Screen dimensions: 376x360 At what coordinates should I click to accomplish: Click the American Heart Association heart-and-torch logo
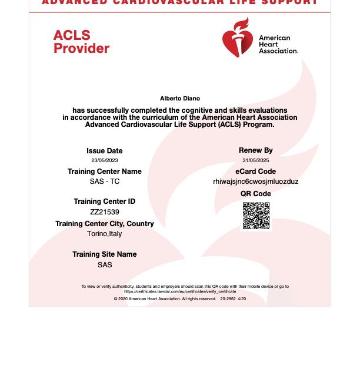(x=237, y=38)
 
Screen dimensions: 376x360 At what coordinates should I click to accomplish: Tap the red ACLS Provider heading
(x=81, y=42)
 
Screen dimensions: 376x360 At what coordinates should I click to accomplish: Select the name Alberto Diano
(x=180, y=99)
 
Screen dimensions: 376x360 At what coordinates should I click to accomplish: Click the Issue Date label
(x=105, y=151)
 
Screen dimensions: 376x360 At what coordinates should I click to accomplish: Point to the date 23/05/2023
(x=105, y=160)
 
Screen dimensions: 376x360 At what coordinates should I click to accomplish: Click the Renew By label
(x=256, y=150)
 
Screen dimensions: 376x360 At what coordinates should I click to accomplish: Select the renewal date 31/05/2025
(x=256, y=160)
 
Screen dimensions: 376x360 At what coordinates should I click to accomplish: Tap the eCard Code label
(x=256, y=172)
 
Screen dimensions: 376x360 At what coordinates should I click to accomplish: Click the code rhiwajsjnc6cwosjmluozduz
(x=256, y=182)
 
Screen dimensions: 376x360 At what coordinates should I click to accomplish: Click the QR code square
(x=256, y=216)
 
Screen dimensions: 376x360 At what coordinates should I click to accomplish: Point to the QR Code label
(x=256, y=194)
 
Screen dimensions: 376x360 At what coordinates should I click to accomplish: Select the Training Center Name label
(x=105, y=172)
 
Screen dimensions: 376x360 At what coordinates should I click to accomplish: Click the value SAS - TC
(x=105, y=182)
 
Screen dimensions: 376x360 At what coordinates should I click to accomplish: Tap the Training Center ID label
(x=105, y=202)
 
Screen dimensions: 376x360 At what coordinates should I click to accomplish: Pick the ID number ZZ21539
(x=105, y=212)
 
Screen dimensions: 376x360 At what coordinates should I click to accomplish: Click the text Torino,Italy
(x=105, y=234)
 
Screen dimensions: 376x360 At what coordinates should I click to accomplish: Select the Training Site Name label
(x=105, y=254)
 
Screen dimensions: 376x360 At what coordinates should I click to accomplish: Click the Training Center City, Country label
(x=105, y=224)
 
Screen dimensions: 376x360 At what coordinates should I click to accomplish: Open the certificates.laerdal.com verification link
(x=180, y=291)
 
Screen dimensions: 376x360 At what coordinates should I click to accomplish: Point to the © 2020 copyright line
(x=180, y=299)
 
